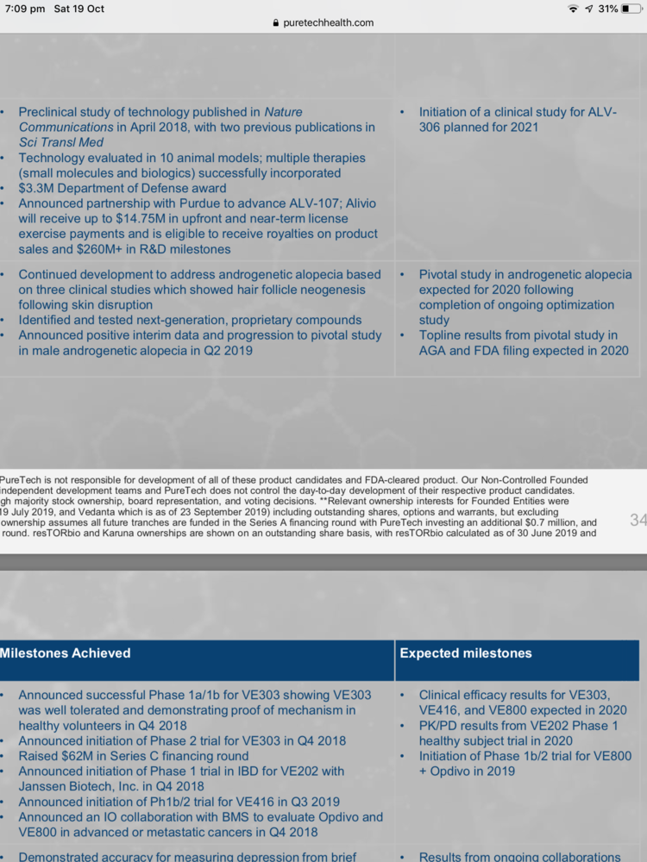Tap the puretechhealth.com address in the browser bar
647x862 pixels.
[x=329, y=22]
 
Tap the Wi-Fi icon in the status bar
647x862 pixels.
[x=573, y=9]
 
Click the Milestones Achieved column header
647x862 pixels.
[x=66, y=653]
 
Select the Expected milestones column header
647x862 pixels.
[x=466, y=653]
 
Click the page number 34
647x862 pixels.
[x=638, y=520]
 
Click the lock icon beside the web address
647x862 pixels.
[x=276, y=23]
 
